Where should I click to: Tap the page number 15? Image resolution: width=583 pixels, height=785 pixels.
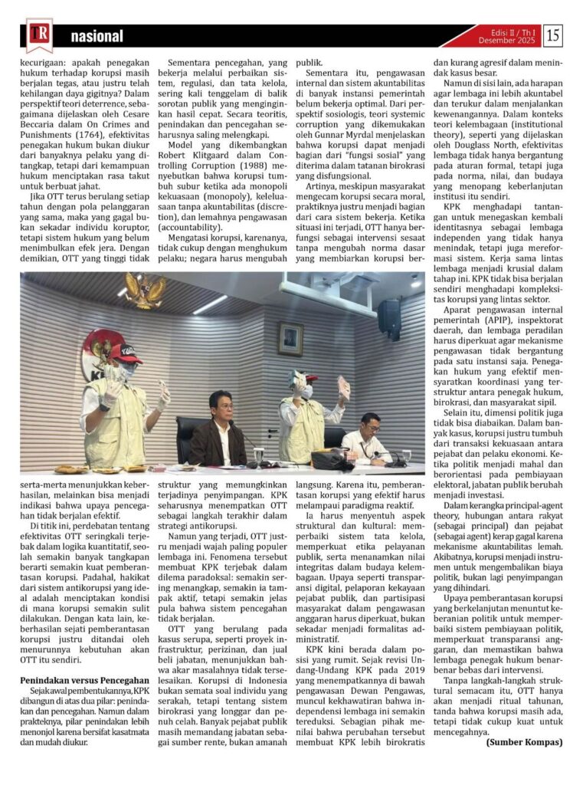click(552, 35)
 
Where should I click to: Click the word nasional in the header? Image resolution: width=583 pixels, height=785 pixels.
click(97, 37)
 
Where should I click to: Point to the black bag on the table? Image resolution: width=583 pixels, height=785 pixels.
click(332, 458)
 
